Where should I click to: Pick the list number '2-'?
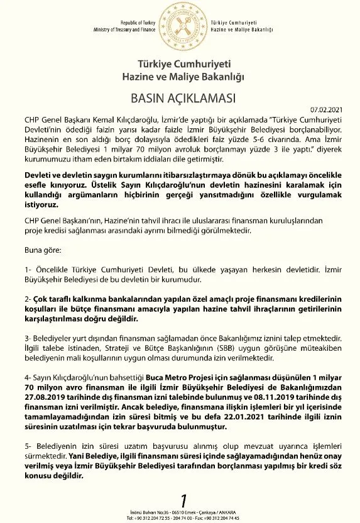28,297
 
